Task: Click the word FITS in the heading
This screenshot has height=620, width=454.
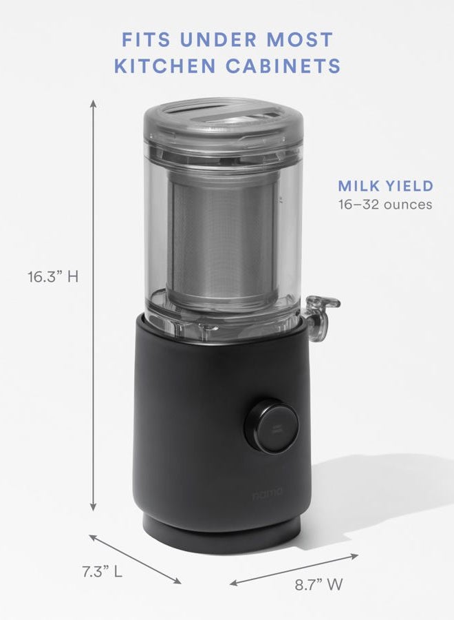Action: (146, 40)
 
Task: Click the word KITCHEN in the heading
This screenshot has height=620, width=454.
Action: (165, 66)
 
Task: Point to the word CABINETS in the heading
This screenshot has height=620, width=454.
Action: (283, 66)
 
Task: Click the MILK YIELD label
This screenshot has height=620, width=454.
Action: (385, 186)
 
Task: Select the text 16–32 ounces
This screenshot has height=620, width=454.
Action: (385, 205)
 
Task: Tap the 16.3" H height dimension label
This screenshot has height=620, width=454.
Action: (53, 277)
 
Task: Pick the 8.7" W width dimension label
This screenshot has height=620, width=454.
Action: (318, 585)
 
